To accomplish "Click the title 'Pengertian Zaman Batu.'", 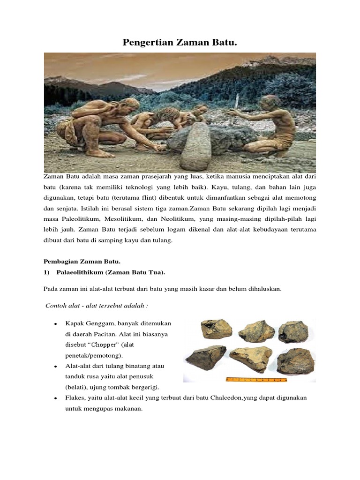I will tap(180, 43).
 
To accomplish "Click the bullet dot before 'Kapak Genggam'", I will tap(56, 324).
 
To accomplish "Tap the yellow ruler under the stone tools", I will tap(256, 379).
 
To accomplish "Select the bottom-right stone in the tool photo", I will tap(295, 360).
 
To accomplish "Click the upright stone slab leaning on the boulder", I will tap(196, 146).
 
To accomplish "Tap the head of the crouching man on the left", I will tap(129, 104).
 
